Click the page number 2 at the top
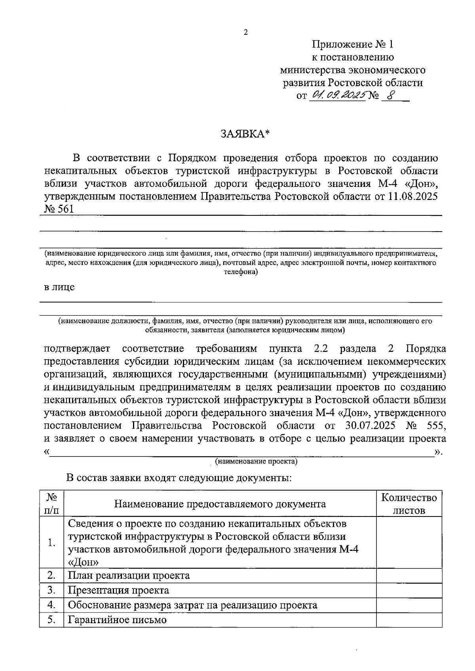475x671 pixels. [x=245, y=33]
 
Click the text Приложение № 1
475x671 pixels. [x=353, y=44]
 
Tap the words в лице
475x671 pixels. [x=59, y=287]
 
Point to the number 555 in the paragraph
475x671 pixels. [x=433, y=426]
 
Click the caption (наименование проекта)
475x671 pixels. [x=256, y=461]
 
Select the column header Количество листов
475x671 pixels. [x=409, y=504]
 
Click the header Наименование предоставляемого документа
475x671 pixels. [x=220, y=504]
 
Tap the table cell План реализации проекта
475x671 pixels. [x=129, y=575]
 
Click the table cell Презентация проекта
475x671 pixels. [x=119, y=590]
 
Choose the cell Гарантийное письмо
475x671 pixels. [x=117, y=620]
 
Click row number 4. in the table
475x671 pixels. [x=51, y=605]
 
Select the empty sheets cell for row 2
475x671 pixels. [x=409, y=575]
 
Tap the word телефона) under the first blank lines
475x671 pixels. [x=241, y=272]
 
